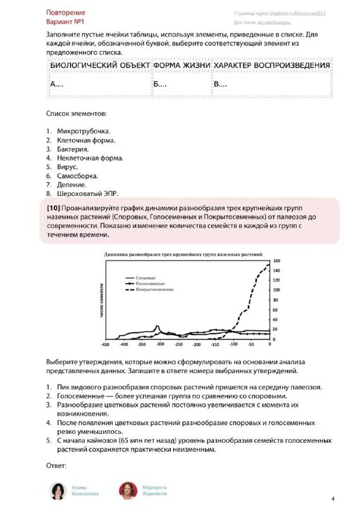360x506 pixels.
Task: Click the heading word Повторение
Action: point(66,13)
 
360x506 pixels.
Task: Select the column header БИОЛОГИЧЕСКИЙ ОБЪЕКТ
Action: point(99,66)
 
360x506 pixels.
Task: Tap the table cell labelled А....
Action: point(57,85)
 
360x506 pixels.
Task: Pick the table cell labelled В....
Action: point(220,85)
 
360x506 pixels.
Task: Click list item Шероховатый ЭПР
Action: point(87,194)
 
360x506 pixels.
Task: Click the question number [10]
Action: point(53,207)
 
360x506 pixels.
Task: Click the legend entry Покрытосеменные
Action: point(154,290)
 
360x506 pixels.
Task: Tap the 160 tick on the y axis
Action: point(276,261)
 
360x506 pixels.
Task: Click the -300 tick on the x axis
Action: point(160,345)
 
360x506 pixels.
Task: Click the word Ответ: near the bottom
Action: point(56,466)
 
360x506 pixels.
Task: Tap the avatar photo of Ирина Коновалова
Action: point(58,490)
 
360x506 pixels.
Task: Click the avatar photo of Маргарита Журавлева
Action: point(128,490)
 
